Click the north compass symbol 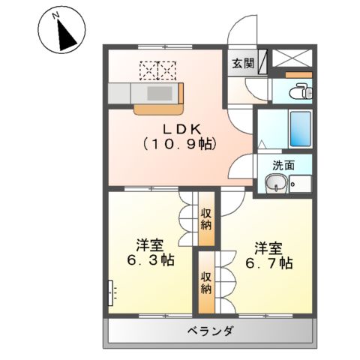click(58, 31)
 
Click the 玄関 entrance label click(241, 64)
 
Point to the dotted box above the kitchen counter click(157, 70)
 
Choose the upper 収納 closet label click(205, 219)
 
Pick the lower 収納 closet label click(205, 283)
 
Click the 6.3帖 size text click(150, 262)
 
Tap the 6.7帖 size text click(266, 263)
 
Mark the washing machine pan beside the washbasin click(301, 183)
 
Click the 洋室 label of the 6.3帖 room click(150, 245)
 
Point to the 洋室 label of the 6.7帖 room click(267, 246)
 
